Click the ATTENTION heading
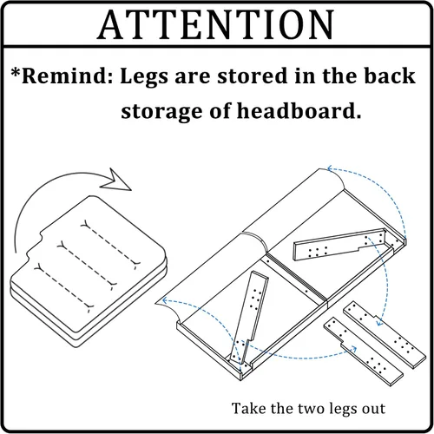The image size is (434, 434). [x=215, y=24]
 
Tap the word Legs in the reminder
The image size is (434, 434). [x=144, y=77]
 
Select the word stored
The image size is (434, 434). [x=253, y=76]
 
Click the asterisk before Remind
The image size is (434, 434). [x=16, y=72]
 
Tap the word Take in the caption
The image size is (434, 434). [x=249, y=409]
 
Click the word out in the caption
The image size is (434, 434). [x=374, y=410]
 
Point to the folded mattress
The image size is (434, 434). [x=89, y=271]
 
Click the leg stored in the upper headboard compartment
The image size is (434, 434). [x=340, y=246]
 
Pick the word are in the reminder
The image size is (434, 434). [x=193, y=77]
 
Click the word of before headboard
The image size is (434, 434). [x=220, y=110]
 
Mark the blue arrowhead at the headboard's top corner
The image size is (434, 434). [x=330, y=168]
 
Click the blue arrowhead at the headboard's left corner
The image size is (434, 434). [x=166, y=300]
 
